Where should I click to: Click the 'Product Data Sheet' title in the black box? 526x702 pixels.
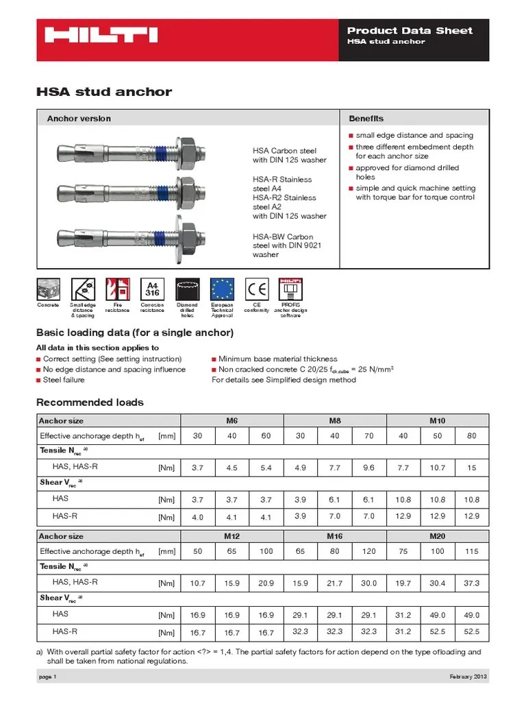click(x=410, y=30)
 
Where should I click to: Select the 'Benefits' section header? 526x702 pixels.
click(x=366, y=118)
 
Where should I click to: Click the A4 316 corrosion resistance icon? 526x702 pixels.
click(x=152, y=289)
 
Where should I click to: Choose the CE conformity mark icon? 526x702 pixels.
click(x=257, y=289)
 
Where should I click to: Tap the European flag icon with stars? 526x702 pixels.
click(x=222, y=289)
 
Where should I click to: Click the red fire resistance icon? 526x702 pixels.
click(x=117, y=289)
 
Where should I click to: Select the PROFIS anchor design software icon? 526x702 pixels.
click(x=291, y=289)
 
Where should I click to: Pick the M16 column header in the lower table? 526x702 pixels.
click(x=334, y=535)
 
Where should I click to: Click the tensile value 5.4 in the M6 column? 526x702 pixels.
click(x=266, y=468)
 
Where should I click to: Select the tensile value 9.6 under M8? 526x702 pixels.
click(x=369, y=468)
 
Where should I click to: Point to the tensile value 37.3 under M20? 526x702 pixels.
click(x=472, y=583)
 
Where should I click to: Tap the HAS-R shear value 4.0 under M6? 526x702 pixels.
click(x=197, y=517)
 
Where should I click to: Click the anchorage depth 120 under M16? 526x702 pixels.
click(x=369, y=550)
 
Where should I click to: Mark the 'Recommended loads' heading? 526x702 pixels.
click(x=90, y=402)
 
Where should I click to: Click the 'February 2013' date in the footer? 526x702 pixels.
click(x=469, y=677)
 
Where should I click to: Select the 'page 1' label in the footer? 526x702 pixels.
click(x=46, y=677)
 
